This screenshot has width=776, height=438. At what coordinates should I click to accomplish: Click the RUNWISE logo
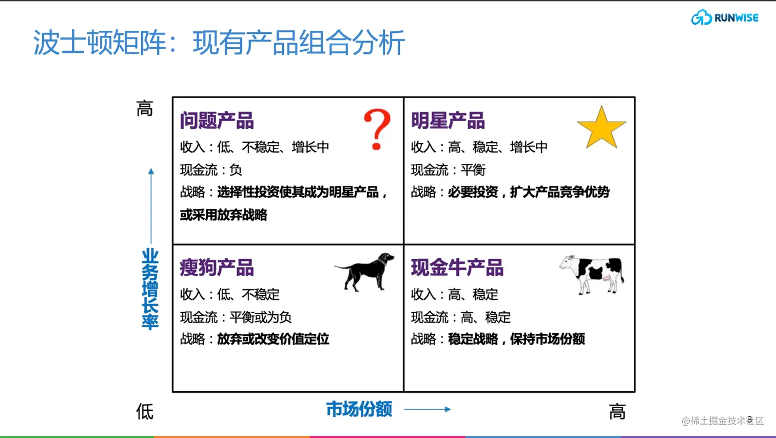(724, 17)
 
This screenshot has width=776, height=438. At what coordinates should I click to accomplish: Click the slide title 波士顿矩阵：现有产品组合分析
(219, 43)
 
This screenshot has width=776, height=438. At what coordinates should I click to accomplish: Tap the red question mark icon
(377, 129)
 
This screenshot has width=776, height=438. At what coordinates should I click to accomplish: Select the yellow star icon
(602, 128)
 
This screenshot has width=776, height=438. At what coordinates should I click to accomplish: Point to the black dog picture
(365, 272)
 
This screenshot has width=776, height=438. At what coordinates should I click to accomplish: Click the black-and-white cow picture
(592, 274)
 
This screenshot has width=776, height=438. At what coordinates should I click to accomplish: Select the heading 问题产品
(217, 121)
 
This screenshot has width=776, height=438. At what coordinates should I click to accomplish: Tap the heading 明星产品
(448, 121)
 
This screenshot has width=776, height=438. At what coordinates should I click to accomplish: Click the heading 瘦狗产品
(217, 268)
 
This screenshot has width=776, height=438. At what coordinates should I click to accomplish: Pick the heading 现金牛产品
(457, 268)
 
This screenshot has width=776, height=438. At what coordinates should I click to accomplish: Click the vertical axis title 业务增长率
(150, 289)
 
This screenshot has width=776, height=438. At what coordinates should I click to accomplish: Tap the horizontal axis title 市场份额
(359, 409)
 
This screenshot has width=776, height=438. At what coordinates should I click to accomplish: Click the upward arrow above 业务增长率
(151, 205)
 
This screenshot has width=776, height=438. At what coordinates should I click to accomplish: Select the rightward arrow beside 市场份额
(427, 409)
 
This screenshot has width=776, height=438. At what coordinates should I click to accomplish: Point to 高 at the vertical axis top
(145, 109)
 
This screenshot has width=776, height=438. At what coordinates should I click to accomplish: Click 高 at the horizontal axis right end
(617, 412)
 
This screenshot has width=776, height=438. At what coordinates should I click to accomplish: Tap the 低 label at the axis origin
(145, 412)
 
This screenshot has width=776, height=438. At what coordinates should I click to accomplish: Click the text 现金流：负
(211, 170)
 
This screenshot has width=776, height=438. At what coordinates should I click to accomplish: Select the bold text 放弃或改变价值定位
(273, 339)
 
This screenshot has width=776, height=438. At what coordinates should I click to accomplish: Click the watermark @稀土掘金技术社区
(722, 421)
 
